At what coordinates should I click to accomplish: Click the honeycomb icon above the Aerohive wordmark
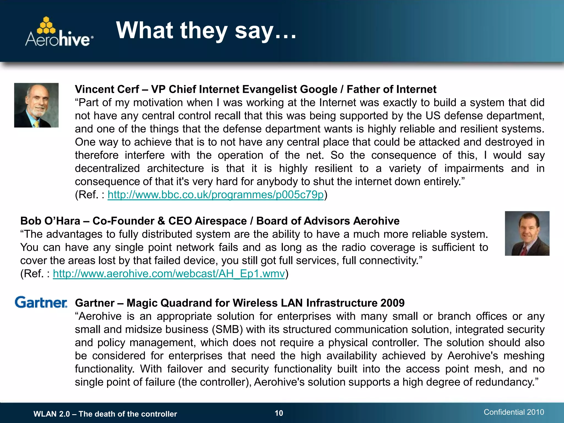46,25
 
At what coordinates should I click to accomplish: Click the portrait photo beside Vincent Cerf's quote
36,105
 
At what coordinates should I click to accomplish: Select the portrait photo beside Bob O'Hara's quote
527,234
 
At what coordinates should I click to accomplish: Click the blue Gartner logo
41,302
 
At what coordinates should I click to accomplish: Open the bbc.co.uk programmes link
215,195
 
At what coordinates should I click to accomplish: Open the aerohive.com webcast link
169,274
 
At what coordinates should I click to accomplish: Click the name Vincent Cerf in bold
107,90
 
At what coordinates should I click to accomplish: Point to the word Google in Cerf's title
318,90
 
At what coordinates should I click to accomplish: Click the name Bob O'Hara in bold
50,221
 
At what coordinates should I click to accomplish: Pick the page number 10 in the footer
279,413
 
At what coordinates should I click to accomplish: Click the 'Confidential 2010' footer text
514,412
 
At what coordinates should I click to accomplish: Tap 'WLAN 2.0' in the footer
51,414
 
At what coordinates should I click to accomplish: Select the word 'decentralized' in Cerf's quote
107,168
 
